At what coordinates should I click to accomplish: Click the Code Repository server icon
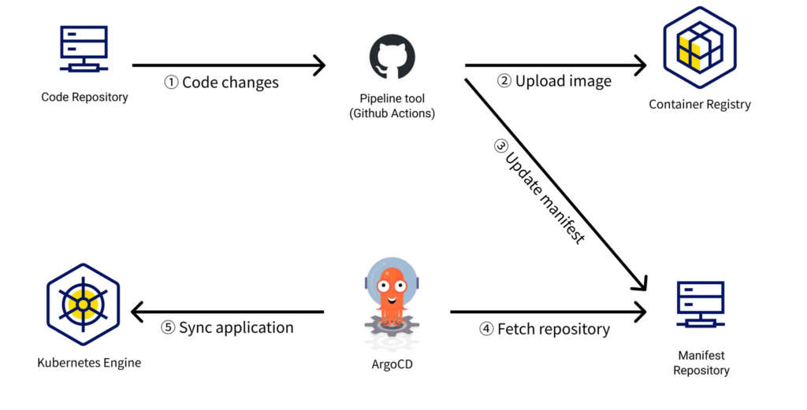(x=84, y=49)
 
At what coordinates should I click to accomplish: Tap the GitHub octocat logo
(x=392, y=57)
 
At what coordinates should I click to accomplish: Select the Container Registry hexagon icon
(x=700, y=47)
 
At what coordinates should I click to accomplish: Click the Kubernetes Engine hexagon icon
(x=83, y=305)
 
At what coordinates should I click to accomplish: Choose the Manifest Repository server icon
(x=701, y=305)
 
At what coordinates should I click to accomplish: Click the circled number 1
(x=171, y=82)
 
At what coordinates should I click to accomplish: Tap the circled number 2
(x=504, y=81)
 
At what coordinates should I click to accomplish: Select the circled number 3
(x=500, y=146)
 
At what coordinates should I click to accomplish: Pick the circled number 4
(x=486, y=329)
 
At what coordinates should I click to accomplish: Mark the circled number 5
(x=168, y=328)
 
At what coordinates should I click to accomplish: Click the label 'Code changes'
(x=230, y=82)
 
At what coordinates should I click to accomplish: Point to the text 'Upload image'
(x=563, y=81)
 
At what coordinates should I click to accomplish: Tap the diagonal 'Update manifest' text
(x=545, y=198)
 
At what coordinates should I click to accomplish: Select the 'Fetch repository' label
(x=553, y=329)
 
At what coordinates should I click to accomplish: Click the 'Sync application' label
(x=236, y=328)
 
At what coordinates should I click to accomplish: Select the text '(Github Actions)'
(x=392, y=113)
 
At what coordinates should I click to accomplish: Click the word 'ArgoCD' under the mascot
(x=392, y=364)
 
